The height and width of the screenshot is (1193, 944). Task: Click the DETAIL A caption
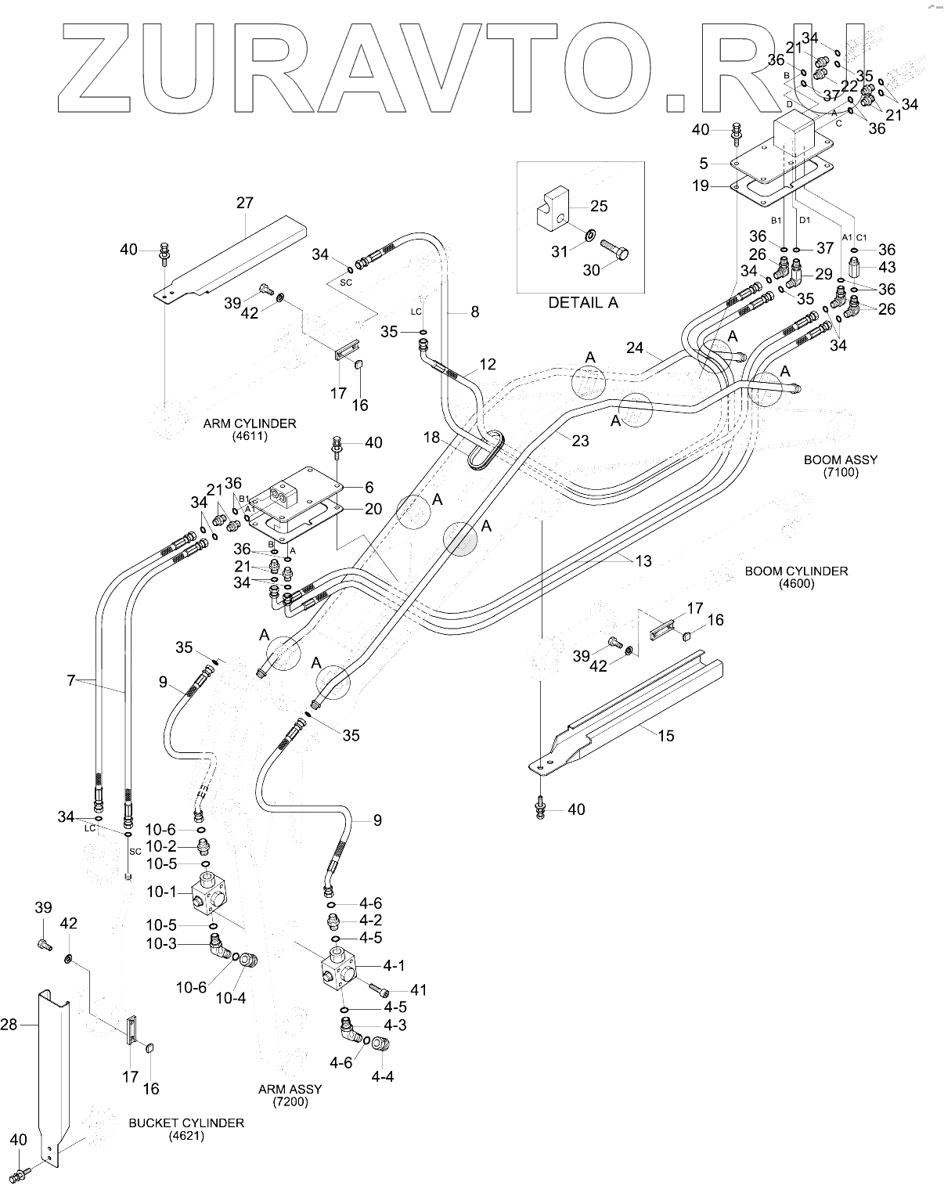pos(583,303)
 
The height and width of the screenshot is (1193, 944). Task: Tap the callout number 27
pos(244,203)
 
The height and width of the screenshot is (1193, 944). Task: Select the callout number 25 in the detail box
pos(600,206)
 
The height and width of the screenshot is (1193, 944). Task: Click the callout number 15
pos(666,736)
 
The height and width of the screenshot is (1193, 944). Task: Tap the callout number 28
pos(9,1025)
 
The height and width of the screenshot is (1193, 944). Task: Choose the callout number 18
pos(431,438)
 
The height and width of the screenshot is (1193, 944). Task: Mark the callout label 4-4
pos(383,1076)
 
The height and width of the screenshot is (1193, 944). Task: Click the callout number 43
pos(887,267)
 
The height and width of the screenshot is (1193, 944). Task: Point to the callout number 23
pos(580,441)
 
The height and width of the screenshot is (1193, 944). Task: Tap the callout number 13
pos(643,561)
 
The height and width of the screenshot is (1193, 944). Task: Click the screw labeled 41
pos(380,989)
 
